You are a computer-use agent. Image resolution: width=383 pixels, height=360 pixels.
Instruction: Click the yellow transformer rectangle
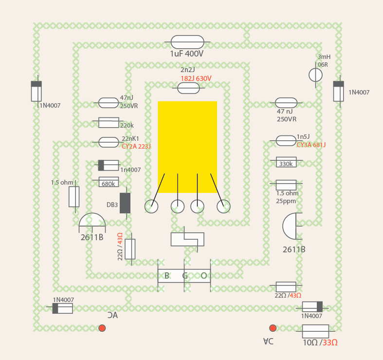[x=187, y=147]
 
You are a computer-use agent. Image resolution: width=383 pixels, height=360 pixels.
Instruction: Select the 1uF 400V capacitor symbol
[x=187, y=42]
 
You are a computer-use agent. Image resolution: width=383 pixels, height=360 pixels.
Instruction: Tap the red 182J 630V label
[x=196, y=78]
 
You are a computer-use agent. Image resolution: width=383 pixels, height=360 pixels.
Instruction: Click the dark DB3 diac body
[x=125, y=203]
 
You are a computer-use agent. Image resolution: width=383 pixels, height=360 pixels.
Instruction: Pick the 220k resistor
[x=109, y=123]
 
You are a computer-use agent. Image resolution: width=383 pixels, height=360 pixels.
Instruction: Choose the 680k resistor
[x=109, y=182]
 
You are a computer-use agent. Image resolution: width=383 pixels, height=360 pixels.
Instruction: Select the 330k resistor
[x=286, y=162]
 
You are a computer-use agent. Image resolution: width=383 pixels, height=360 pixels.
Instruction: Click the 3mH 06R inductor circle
[x=315, y=75]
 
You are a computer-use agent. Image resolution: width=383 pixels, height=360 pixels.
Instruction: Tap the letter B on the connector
[x=167, y=276]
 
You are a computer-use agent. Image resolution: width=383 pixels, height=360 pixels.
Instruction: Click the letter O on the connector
[x=204, y=276]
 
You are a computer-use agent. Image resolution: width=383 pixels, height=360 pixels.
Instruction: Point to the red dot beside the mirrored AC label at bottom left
[x=102, y=328]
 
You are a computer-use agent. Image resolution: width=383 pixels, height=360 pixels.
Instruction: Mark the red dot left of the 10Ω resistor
[x=273, y=328]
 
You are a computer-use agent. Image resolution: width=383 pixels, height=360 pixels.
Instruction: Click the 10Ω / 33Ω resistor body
[x=315, y=331]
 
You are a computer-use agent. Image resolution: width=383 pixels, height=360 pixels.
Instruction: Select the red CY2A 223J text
[x=136, y=146]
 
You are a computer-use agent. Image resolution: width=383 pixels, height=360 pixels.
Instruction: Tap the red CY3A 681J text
[x=311, y=145]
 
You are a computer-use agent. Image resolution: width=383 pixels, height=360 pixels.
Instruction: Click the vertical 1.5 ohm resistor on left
[x=74, y=197]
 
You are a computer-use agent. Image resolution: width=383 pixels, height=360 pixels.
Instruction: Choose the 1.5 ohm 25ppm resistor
[x=286, y=185]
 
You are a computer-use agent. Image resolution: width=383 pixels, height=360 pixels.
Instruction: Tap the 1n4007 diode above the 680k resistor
[x=109, y=165]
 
